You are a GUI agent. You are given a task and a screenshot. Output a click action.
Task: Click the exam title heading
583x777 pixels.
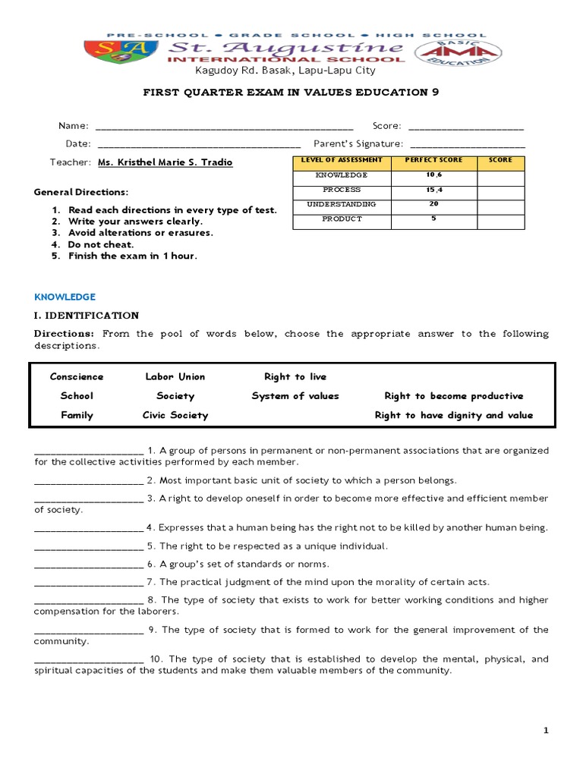pos(291,92)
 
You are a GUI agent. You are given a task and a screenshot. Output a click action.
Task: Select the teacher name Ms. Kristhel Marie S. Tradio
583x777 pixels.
pos(165,162)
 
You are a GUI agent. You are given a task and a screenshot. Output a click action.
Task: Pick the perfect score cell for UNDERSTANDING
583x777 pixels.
pos(433,204)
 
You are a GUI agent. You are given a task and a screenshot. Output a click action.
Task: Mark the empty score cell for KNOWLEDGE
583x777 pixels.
pos(500,175)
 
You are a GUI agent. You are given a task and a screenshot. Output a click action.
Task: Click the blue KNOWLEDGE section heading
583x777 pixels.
pos(65,297)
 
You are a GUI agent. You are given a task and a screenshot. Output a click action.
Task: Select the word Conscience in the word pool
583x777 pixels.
pos(77,376)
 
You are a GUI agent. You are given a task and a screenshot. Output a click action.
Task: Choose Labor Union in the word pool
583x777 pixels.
pos(175,376)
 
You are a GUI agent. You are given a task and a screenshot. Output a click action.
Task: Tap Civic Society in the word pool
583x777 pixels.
pos(175,415)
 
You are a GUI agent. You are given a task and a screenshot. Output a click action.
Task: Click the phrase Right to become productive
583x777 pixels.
pos(453,396)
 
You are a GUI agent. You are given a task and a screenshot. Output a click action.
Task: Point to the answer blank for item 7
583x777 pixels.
pos(89,583)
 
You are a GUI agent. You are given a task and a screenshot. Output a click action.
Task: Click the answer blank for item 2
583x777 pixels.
pos(89,481)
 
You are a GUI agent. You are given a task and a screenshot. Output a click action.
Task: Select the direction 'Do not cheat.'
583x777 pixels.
pos(100,244)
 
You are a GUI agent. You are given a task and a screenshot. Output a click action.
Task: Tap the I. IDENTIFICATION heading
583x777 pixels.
pos(87,315)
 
